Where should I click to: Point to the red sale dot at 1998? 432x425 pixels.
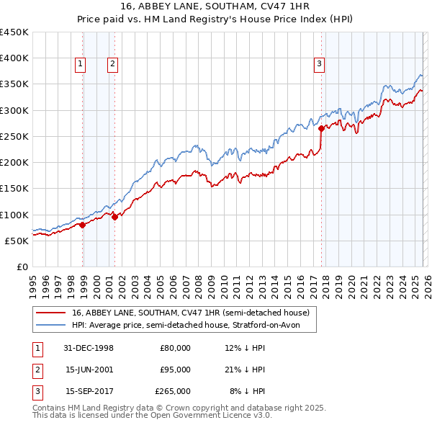click(83, 225)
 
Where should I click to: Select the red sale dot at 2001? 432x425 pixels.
click(114, 217)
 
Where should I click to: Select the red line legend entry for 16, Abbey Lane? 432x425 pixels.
click(190, 313)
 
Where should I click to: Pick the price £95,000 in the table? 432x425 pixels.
click(175, 370)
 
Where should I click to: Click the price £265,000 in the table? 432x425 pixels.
click(173, 391)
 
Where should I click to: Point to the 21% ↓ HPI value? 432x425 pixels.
click(246, 370)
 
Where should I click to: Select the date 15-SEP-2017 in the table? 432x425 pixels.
click(89, 391)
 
